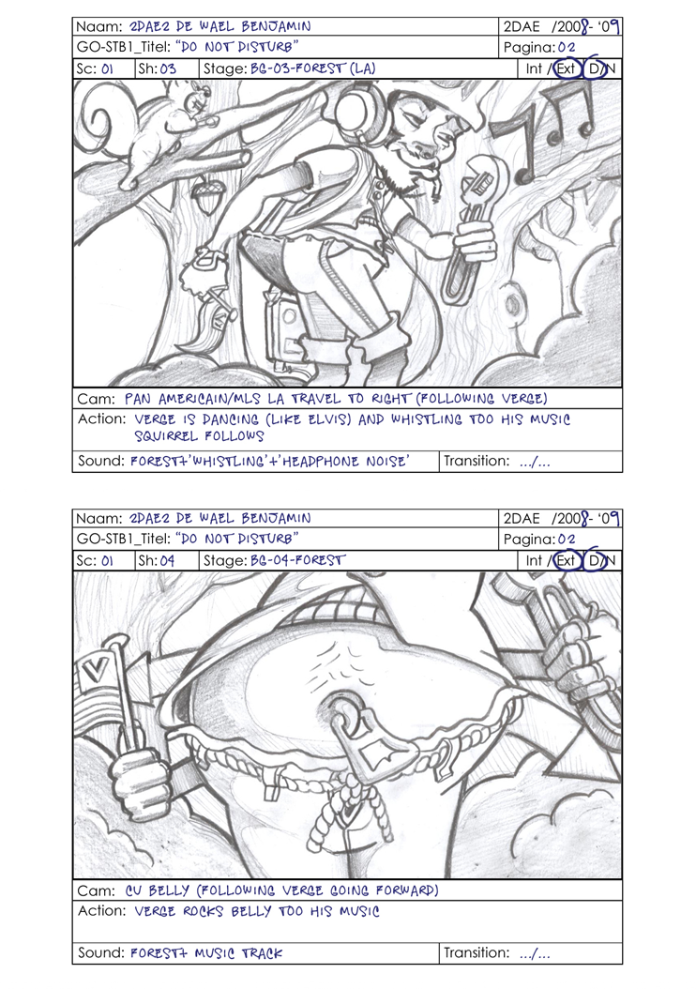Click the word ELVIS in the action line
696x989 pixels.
click(321, 419)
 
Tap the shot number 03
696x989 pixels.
click(168, 68)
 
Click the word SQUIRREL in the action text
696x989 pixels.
click(165, 435)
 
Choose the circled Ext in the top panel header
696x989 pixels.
click(567, 68)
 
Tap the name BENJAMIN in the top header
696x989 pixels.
click(276, 26)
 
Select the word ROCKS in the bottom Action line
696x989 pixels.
click(203, 911)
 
